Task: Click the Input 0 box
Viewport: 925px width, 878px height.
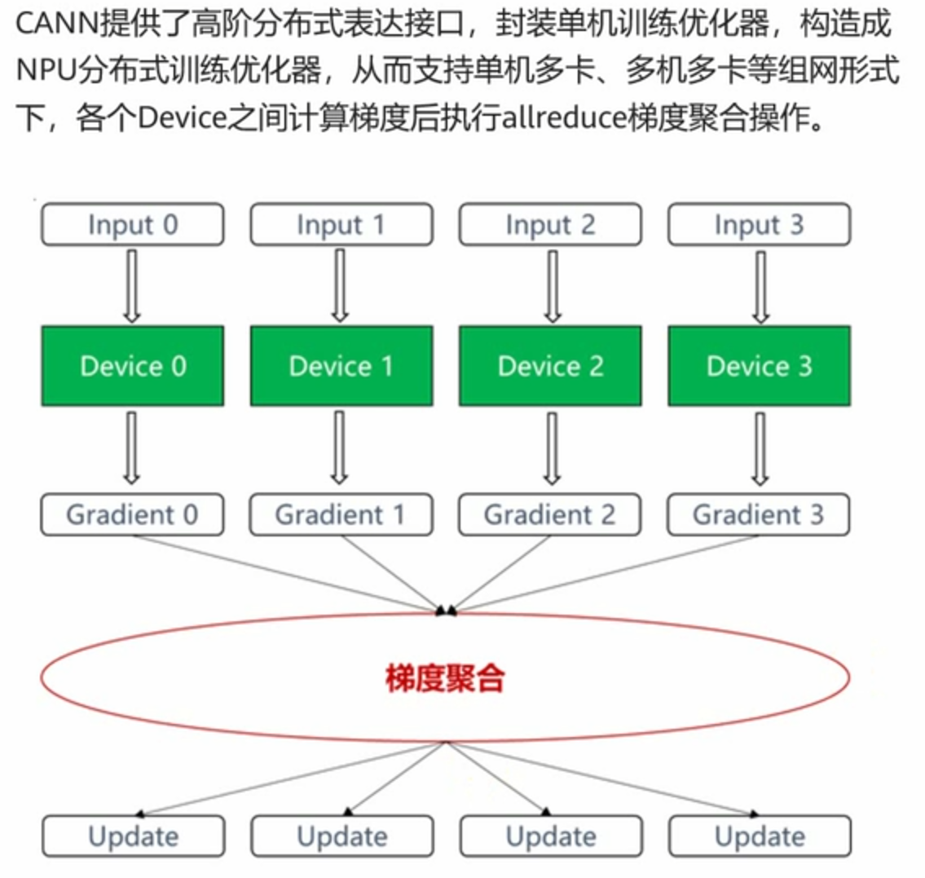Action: point(132,225)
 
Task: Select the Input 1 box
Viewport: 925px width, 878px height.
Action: point(341,225)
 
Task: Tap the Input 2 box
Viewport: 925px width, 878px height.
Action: point(550,225)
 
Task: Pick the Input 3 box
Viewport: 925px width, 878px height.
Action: point(759,225)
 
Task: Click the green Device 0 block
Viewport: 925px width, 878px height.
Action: point(132,366)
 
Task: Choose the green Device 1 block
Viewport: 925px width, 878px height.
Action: point(341,366)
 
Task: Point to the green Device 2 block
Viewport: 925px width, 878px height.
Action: point(550,366)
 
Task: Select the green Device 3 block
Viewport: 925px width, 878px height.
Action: point(759,366)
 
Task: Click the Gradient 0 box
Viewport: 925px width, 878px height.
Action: point(132,514)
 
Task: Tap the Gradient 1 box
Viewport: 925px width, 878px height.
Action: point(341,514)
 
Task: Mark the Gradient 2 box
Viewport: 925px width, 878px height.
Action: point(550,514)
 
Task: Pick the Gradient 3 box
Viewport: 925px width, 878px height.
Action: point(759,514)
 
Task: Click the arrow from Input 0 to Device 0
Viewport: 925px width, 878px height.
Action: point(132,285)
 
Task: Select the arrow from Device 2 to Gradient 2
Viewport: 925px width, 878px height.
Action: point(552,448)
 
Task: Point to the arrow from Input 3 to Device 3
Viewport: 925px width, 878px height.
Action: point(760,285)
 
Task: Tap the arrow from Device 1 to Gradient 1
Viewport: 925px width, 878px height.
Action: point(341,448)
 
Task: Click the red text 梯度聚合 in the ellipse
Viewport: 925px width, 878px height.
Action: point(445,677)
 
